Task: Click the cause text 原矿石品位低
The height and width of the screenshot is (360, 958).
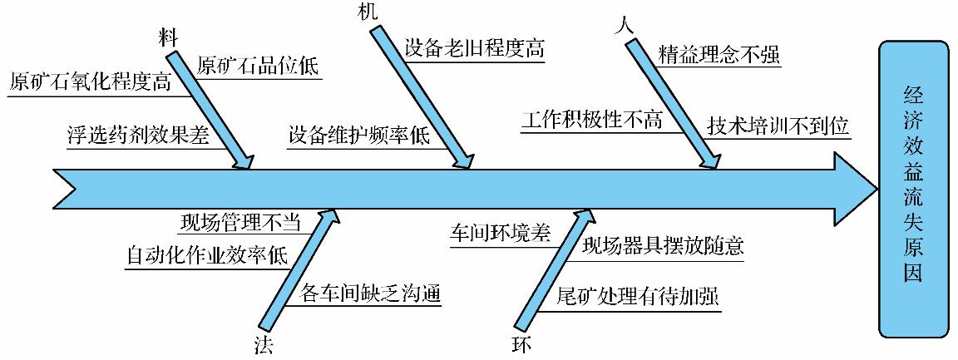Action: (258, 66)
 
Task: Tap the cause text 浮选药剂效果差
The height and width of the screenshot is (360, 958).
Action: (137, 135)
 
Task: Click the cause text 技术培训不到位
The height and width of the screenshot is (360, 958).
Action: (778, 126)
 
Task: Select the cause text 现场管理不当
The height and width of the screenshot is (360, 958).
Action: (240, 223)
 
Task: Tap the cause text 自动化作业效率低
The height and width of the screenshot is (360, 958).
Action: (207, 254)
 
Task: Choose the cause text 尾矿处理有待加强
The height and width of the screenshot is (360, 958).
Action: (637, 297)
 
